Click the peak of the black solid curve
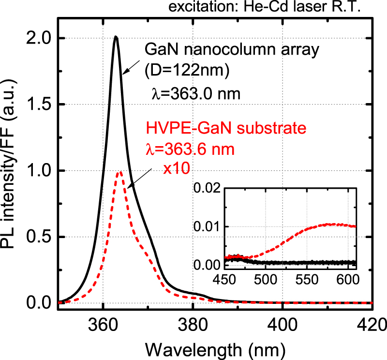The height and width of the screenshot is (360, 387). coord(116,37)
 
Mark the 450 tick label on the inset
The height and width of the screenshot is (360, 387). coord(225,280)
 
